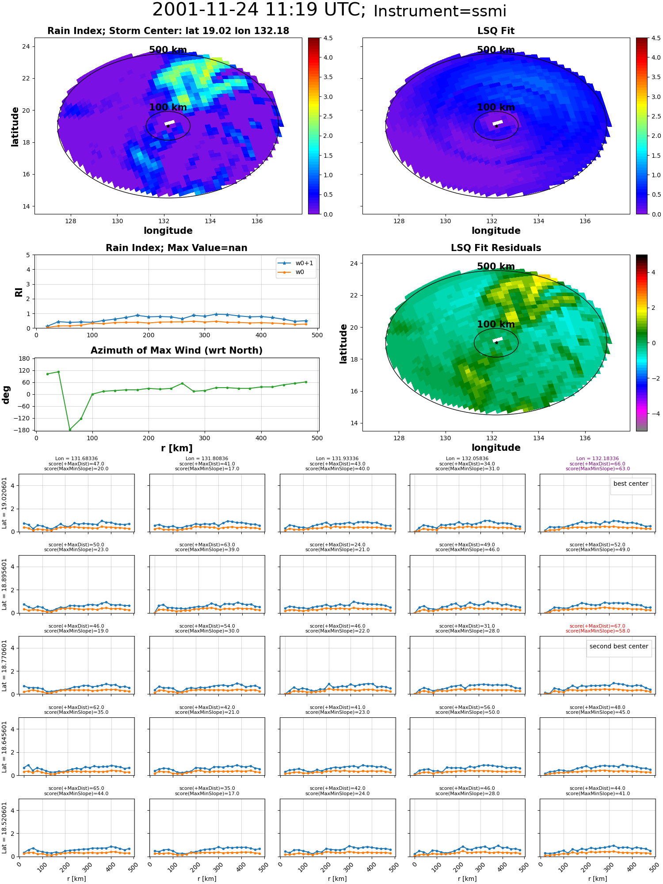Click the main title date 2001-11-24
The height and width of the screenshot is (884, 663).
[x=205, y=10]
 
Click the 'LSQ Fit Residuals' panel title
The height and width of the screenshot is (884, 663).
[x=496, y=248]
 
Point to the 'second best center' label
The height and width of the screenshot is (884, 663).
[x=619, y=646]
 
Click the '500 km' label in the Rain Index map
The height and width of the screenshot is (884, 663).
[x=168, y=50]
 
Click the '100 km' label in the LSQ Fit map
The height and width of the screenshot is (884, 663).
[x=496, y=107]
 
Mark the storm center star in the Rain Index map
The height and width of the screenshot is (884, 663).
[x=168, y=126]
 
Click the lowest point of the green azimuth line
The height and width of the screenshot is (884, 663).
[x=69, y=430]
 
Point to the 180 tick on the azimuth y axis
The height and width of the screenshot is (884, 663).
[x=25, y=358]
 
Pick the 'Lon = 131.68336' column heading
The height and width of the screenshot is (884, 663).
[x=76, y=459]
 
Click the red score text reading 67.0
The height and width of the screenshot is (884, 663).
[x=598, y=626]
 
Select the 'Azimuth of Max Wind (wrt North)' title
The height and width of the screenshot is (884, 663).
[x=176, y=351]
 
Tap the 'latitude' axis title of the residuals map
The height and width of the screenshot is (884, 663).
[x=343, y=343]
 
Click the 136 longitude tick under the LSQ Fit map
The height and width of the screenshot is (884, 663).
[x=585, y=221]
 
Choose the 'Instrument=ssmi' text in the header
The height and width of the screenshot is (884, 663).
[x=440, y=11]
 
